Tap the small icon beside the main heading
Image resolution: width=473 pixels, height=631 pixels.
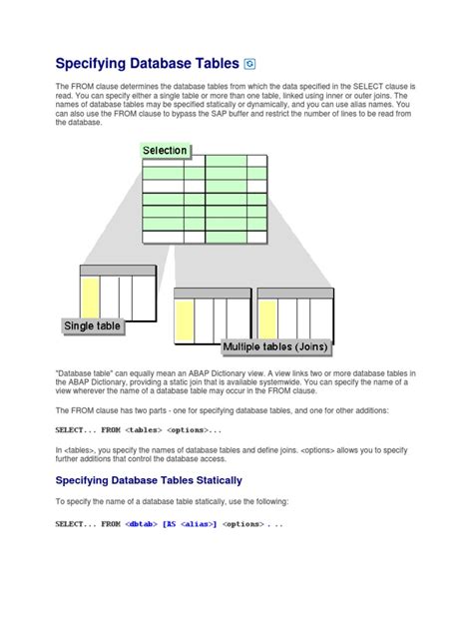click(250, 67)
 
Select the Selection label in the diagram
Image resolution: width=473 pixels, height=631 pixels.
click(166, 151)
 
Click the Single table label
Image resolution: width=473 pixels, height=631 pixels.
click(92, 325)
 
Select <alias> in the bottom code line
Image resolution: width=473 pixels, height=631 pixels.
click(198, 523)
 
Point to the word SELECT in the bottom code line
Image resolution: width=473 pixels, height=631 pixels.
click(72, 523)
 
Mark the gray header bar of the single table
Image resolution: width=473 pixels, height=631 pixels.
click(118, 271)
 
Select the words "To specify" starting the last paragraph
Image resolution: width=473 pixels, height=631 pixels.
click(76, 501)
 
